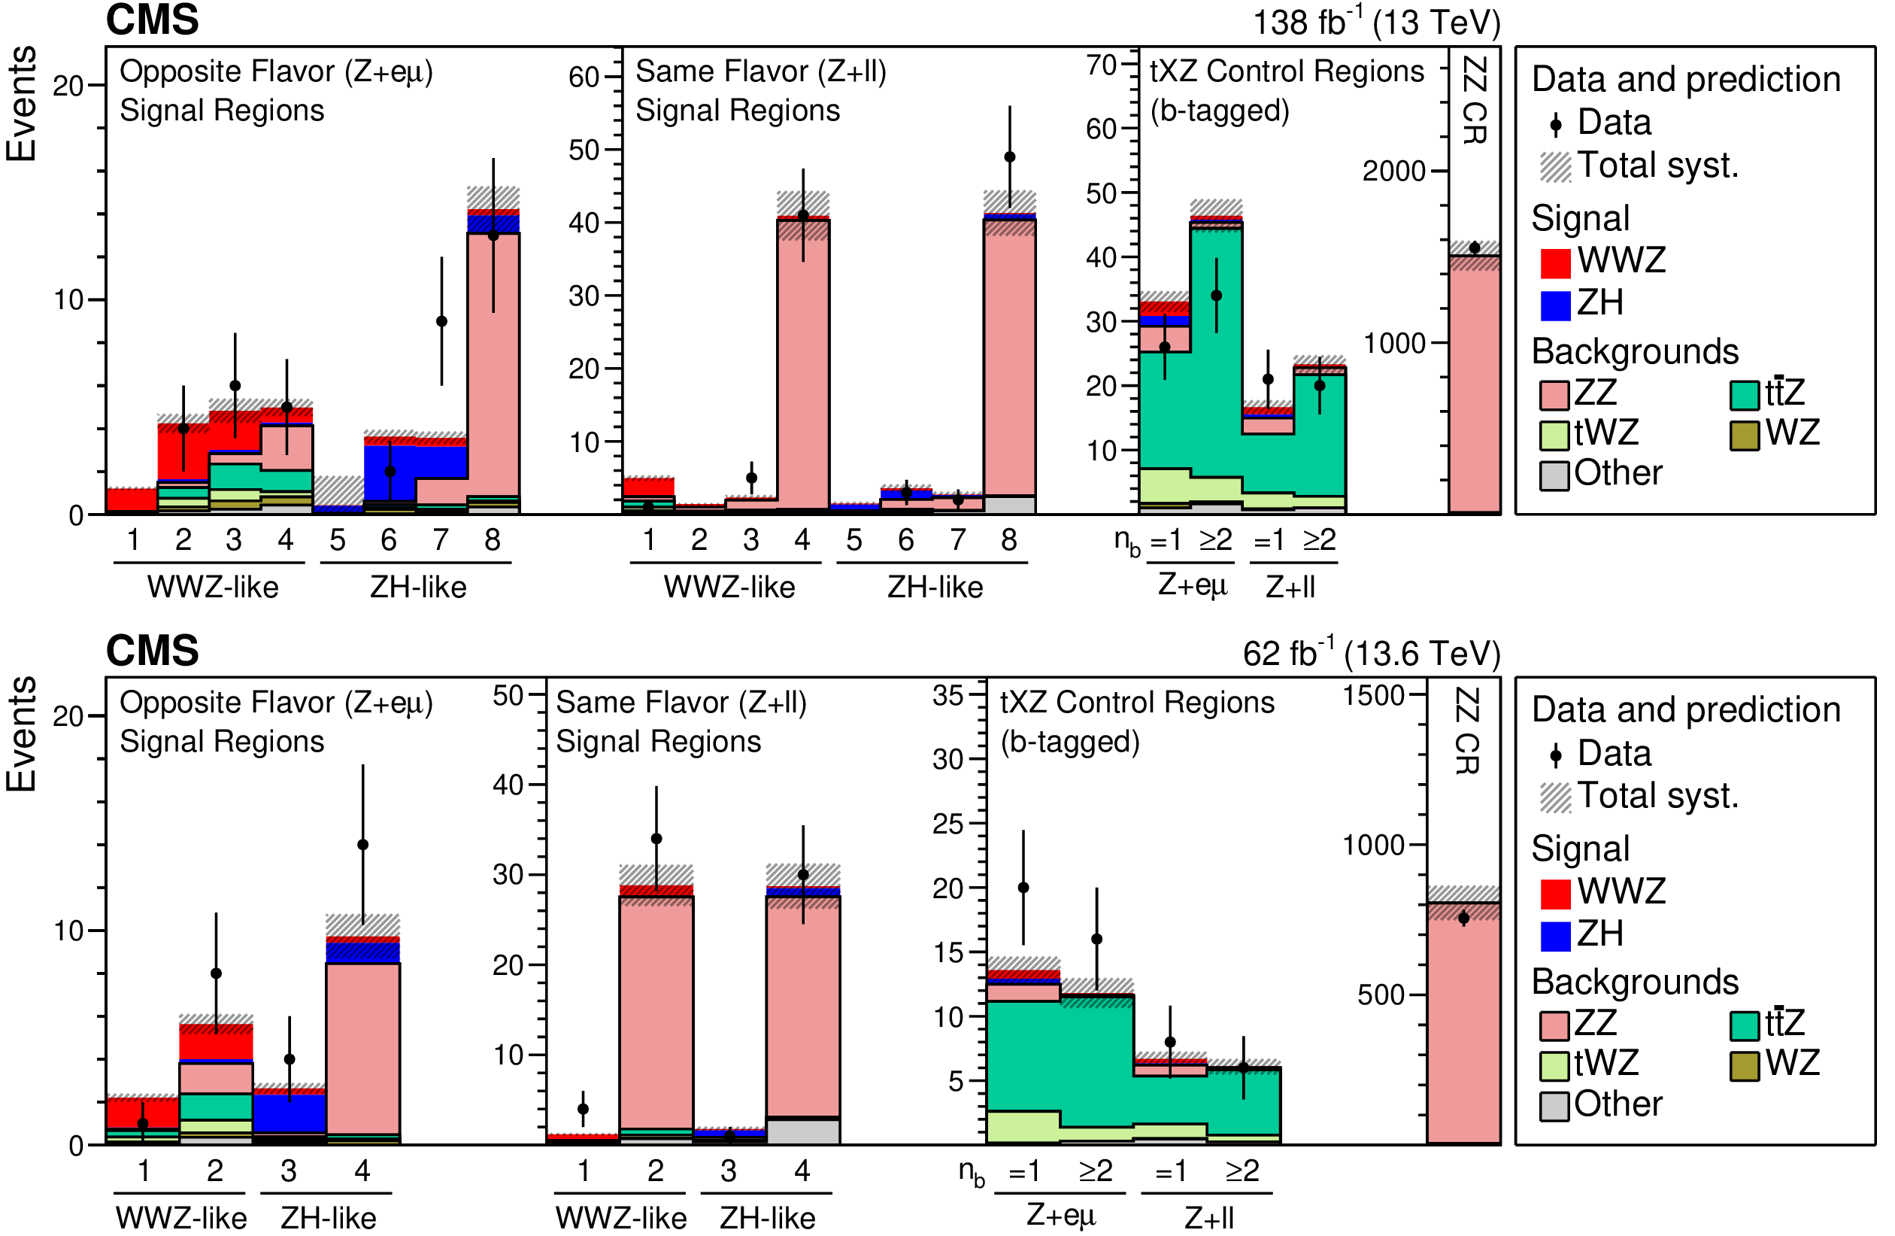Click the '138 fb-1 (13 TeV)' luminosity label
1376,23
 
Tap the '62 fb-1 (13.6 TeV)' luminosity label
1371,653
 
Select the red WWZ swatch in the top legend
1555,263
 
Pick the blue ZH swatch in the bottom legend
1555,936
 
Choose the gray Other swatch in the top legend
1554,475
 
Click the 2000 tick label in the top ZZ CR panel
1393,172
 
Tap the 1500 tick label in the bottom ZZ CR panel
1373,695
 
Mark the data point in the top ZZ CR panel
1475,248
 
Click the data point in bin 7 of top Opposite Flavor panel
442,322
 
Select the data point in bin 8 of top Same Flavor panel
1010,157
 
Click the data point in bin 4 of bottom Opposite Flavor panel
363,844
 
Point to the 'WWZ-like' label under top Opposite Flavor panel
213,588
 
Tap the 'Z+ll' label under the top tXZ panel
1290,588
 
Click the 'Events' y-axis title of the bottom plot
22,734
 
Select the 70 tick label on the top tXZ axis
1101,65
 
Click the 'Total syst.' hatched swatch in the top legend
1555,167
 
